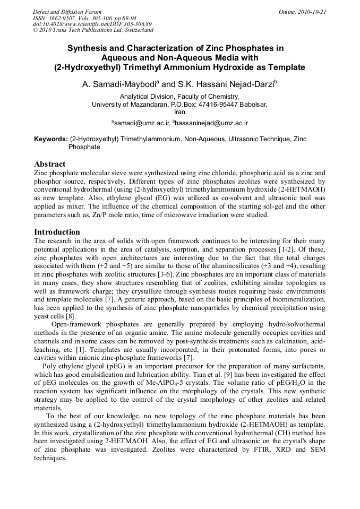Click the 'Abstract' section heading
pyautogui.click(x=50, y=164)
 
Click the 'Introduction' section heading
pyautogui.click(x=57, y=232)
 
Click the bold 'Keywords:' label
pyautogui.click(x=50, y=139)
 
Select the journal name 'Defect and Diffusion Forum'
pyautogui.click(x=67, y=12)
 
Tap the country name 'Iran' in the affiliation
pyautogui.click(x=179, y=112)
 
